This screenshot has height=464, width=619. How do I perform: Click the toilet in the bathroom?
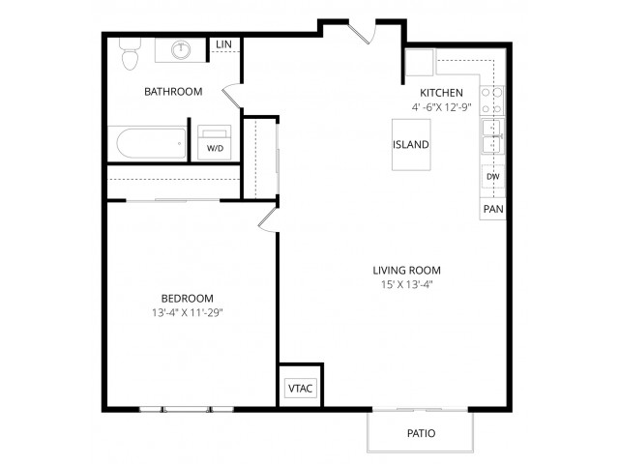pyautogui.click(x=128, y=54)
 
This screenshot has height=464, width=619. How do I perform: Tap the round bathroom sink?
pyautogui.click(x=181, y=49)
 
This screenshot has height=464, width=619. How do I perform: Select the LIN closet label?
pyautogui.click(x=223, y=45)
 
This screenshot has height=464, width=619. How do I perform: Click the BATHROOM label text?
pyautogui.click(x=173, y=92)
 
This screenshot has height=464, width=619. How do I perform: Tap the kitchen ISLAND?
pyautogui.click(x=411, y=144)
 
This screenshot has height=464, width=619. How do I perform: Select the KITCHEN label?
pyautogui.click(x=441, y=93)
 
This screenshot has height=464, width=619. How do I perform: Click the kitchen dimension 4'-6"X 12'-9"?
pyautogui.click(x=440, y=107)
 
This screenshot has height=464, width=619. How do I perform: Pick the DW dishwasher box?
pyautogui.click(x=492, y=178)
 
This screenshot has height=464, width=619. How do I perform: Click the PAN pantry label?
pyautogui.click(x=492, y=208)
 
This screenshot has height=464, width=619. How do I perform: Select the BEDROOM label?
pyautogui.click(x=188, y=298)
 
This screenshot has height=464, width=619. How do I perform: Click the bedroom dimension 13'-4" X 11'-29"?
pyautogui.click(x=188, y=313)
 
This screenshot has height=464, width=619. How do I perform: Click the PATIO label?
pyautogui.click(x=420, y=434)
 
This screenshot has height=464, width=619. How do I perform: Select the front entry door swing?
pyautogui.click(x=360, y=32)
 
